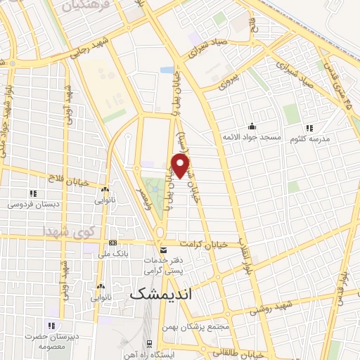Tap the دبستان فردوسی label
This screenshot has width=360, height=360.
point(32,204)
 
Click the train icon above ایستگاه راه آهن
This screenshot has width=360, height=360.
point(149,343)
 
